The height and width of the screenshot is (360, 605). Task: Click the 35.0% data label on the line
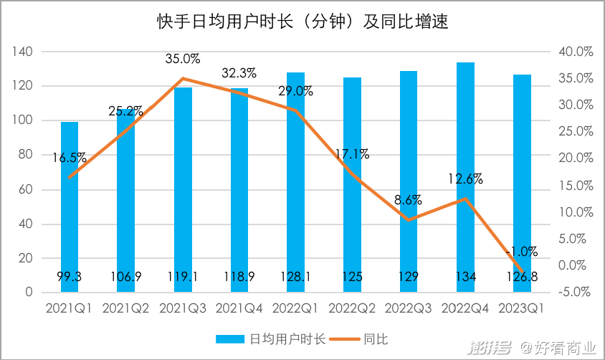pyautogui.click(x=182, y=59)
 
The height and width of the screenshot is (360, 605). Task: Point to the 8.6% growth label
pyautogui.click(x=408, y=200)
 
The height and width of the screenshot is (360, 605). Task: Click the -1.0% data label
pyautogui.click(x=521, y=252)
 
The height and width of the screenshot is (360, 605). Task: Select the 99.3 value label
pyautogui.click(x=70, y=277)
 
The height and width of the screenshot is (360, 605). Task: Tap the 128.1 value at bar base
pyautogui.click(x=295, y=277)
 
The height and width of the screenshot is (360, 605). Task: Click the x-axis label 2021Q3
pyautogui.click(x=182, y=308)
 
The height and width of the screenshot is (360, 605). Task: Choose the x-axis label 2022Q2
pyautogui.click(x=352, y=308)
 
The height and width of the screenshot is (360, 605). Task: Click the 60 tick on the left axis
pyautogui.click(x=26, y=189)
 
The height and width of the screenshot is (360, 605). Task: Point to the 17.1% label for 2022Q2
pyautogui.click(x=352, y=153)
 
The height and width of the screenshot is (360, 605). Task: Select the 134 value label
pyautogui.click(x=465, y=277)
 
